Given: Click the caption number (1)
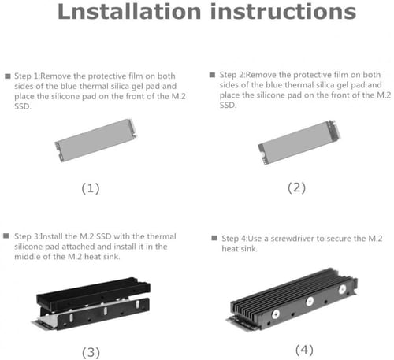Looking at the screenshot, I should point(92,187).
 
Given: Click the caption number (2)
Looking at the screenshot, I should point(295,187).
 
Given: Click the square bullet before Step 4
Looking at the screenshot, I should point(215,237).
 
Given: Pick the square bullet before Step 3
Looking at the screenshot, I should point(8,236).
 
